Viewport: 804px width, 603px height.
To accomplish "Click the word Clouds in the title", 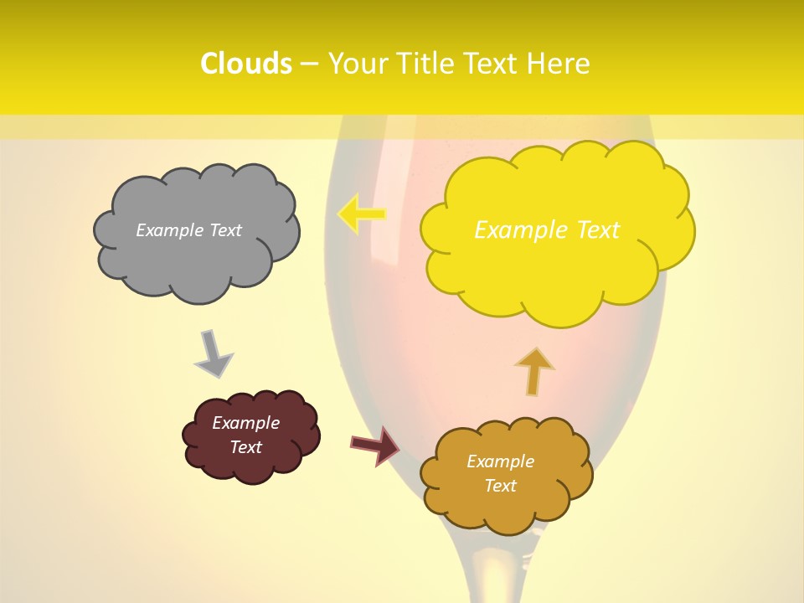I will pyautogui.click(x=246, y=64).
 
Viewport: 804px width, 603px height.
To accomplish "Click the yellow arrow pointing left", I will pyautogui.click(x=361, y=214).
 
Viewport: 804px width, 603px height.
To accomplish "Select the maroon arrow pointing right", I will pyautogui.click(x=374, y=445).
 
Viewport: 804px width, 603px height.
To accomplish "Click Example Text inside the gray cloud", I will pyautogui.click(x=188, y=230).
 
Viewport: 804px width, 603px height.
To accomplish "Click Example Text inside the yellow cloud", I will pyautogui.click(x=547, y=230).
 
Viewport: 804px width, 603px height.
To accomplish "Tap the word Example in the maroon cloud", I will pyautogui.click(x=245, y=423).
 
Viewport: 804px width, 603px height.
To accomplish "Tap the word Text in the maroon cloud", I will pyautogui.click(x=245, y=447).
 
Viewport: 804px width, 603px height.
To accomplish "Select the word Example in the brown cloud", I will pyautogui.click(x=500, y=461).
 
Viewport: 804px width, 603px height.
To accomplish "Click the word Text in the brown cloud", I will pyautogui.click(x=500, y=486).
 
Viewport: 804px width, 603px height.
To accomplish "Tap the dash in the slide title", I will pyautogui.click(x=309, y=64).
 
